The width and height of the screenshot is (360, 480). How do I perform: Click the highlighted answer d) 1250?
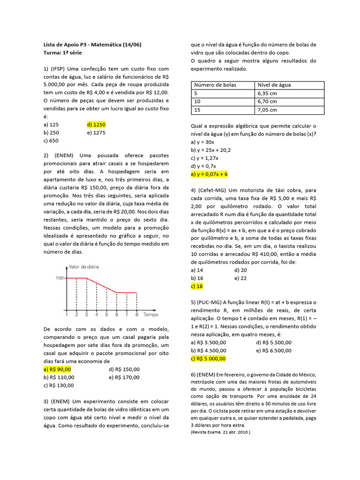click(97, 124)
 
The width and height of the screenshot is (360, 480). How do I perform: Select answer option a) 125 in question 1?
click(51, 124)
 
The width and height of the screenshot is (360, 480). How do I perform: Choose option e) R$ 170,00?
click(124, 377)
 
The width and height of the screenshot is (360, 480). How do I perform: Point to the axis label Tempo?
click(150, 315)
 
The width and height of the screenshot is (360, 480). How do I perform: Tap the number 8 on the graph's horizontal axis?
click(136, 315)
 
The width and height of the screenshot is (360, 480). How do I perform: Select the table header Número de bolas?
click(215, 85)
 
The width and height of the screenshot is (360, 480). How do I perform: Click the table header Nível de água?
click(274, 85)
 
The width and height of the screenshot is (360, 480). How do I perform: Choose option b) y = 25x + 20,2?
click(211, 150)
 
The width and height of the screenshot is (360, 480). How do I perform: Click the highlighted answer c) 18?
click(197, 286)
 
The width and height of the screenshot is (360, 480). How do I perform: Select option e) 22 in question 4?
click(240, 278)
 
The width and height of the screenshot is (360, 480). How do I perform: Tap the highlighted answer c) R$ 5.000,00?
click(208, 358)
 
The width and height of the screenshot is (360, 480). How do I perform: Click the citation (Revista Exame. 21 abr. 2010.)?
click(220, 432)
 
